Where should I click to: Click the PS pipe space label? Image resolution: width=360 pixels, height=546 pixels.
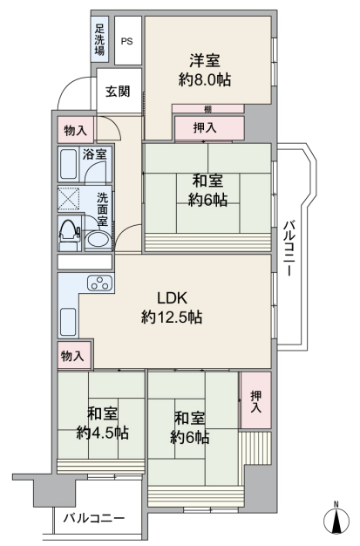(126, 41)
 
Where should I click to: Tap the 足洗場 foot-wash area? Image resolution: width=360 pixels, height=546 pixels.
(99, 39)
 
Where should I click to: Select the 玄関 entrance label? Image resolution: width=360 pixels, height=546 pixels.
(118, 92)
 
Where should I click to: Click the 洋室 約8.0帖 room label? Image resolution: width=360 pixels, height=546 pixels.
(205, 71)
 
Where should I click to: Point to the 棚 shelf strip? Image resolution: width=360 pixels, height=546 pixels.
(207, 109)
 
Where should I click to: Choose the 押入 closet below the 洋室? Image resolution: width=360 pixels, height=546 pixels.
(209, 128)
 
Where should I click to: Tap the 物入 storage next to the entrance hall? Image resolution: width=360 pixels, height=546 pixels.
(76, 130)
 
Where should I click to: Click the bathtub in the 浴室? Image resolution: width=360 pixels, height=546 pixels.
(68, 164)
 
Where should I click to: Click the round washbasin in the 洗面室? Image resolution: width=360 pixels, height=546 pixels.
(98, 240)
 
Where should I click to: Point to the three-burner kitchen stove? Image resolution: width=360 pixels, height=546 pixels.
(100, 283)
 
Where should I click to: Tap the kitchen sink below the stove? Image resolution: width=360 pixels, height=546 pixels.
(68, 322)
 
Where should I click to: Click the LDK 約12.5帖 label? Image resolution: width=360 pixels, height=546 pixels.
(172, 308)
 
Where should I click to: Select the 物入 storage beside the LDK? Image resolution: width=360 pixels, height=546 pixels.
(74, 356)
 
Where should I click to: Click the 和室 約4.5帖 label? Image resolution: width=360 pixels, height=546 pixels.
(102, 424)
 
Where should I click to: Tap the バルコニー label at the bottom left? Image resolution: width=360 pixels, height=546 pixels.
(93, 518)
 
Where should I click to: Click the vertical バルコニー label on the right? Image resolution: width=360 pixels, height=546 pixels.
(288, 248)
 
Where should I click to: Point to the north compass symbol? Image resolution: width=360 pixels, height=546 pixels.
(336, 520)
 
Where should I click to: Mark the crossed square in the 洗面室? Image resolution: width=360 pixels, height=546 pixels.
(68, 199)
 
